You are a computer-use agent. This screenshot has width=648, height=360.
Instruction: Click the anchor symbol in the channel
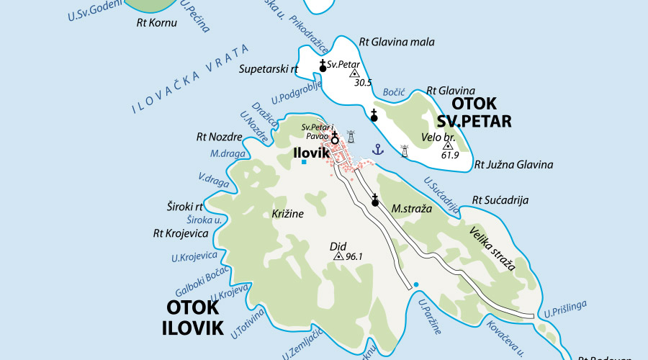click(x=376, y=149)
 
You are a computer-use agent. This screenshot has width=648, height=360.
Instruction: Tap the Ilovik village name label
click(x=311, y=153)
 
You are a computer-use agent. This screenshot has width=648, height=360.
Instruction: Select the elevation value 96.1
click(x=354, y=256)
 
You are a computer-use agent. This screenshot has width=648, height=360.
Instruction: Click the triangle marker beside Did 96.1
click(x=338, y=256)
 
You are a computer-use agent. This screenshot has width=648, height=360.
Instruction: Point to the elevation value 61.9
click(x=450, y=155)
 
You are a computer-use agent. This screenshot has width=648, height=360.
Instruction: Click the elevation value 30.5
click(x=363, y=83)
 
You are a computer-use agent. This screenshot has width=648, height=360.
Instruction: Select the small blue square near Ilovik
click(x=304, y=162)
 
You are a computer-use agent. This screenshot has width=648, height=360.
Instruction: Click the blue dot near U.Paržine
click(x=415, y=285)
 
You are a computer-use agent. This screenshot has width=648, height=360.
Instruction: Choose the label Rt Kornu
click(x=152, y=22)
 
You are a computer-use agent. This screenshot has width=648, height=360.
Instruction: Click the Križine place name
click(x=288, y=214)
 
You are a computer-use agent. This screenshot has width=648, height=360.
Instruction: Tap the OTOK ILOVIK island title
click(x=192, y=317)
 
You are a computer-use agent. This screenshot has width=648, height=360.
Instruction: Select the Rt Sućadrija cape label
click(x=500, y=199)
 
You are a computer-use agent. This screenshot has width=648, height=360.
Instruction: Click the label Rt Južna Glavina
click(x=514, y=165)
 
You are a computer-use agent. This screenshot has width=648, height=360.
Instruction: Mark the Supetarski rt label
click(x=268, y=69)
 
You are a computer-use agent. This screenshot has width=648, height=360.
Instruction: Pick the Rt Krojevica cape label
click(x=181, y=233)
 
